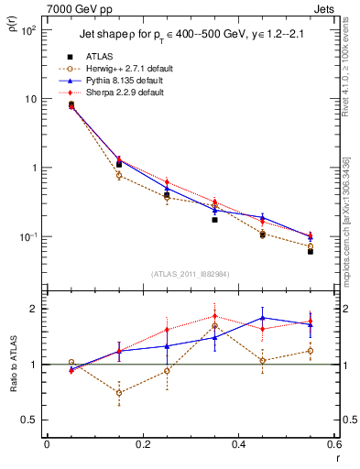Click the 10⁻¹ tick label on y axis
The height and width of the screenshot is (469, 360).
27,236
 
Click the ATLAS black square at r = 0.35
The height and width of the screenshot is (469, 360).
214,220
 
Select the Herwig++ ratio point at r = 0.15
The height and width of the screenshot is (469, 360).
119,392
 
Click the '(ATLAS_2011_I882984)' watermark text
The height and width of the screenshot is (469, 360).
191,274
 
